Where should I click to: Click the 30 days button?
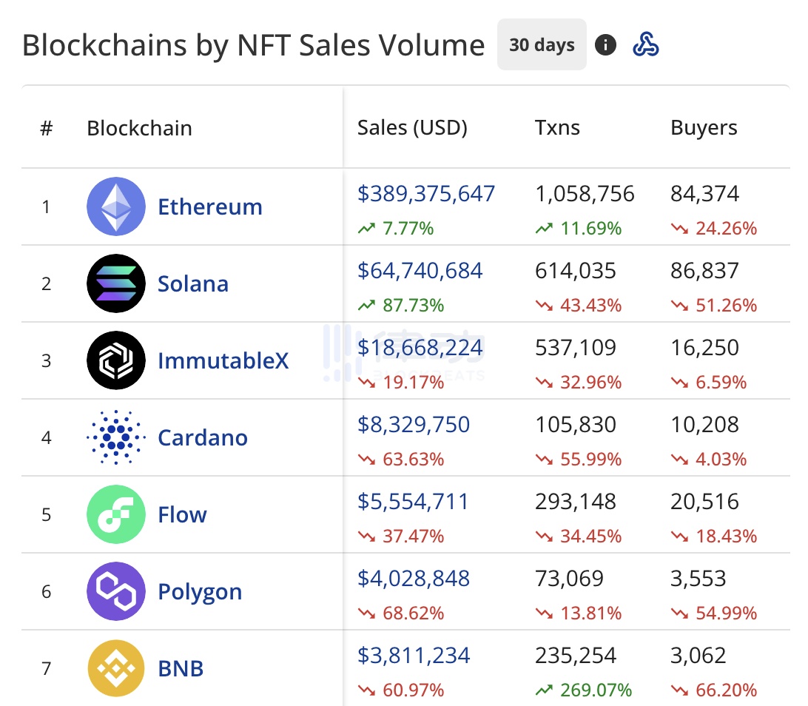point(542,45)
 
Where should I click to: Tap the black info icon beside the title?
point(605,45)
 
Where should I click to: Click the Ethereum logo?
point(116,206)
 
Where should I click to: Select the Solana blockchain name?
point(193,283)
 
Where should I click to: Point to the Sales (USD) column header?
point(412,128)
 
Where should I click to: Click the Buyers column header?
point(704,128)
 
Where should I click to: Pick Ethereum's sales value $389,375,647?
point(426,194)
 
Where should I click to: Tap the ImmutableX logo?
point(116,360)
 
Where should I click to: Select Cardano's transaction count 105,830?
point(575,425)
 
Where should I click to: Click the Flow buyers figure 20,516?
point(704,502)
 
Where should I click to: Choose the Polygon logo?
point(116,591)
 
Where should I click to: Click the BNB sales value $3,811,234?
point(414,656)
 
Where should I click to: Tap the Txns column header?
point(557,128)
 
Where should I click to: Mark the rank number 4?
point(47,437)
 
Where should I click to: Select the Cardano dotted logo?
point(116,437)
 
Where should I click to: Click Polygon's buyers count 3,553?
point(698,579)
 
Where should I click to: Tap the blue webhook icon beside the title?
point(646,45)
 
